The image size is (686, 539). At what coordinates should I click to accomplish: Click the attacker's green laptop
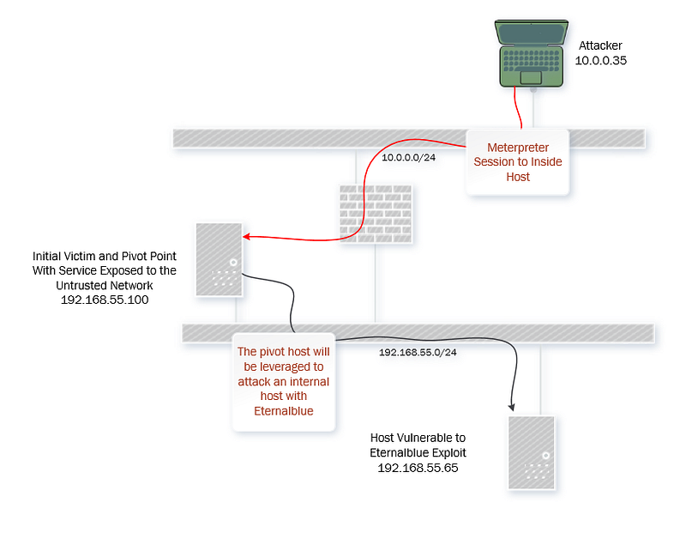coord(532,53)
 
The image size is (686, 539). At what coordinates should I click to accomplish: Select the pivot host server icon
coord(219,260)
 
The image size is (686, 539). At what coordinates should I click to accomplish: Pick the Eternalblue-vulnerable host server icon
coord(531,451)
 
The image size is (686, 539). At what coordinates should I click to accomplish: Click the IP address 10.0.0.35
coord(603,61)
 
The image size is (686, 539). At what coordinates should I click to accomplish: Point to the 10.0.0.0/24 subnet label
coord(409,157)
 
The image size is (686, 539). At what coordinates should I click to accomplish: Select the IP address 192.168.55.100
coord(105,300)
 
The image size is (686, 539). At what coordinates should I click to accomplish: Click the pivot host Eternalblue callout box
coord(282,381)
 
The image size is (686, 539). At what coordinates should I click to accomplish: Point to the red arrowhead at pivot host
coord(248,239)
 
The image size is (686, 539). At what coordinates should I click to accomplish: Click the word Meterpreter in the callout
coord(518,147)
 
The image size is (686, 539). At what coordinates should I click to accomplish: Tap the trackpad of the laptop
coord(531,77)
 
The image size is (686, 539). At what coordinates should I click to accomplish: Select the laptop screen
coord(532,33)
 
